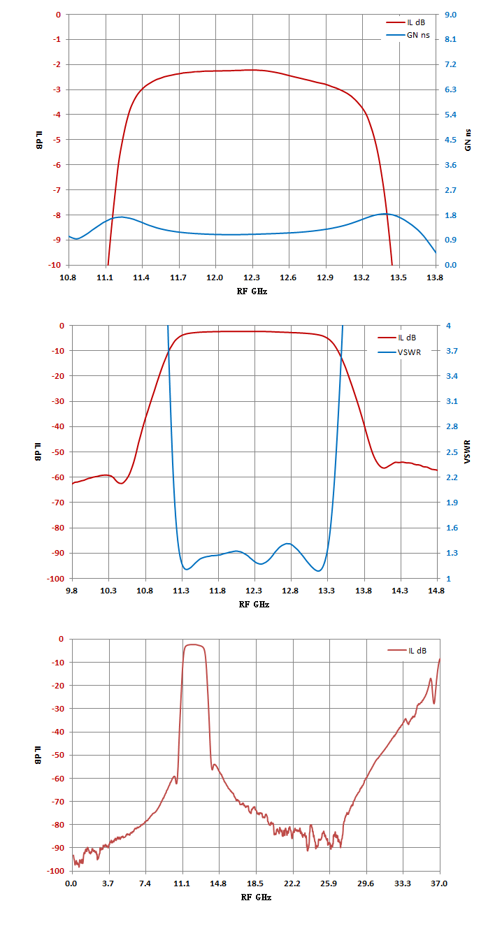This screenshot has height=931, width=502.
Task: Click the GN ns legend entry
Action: point(408,36)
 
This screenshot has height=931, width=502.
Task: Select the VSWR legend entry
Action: point(399,352)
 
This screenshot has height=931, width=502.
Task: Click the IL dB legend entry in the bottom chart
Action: point(407,651)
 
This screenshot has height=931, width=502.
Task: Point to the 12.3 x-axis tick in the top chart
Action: point(252,277)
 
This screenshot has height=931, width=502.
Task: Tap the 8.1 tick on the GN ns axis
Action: point(450,39)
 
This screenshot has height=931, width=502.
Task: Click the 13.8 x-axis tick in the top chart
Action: point(435,277)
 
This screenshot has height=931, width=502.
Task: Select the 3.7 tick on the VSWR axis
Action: point(452,351)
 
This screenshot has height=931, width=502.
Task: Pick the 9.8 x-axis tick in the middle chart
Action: point(71,591)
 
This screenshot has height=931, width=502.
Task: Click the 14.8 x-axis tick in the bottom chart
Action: point(218,883)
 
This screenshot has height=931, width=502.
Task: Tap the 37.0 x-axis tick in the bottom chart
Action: point(439,883)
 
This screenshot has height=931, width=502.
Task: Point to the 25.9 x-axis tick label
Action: point(329,883)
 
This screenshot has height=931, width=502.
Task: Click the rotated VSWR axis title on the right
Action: point(468,452)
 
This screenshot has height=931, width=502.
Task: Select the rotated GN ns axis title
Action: point(468,140)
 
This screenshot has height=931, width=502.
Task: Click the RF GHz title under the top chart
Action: point(252,291)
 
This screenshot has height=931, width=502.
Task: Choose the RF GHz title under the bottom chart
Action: point(256,897)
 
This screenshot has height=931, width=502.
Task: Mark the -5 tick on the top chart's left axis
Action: point(56,140)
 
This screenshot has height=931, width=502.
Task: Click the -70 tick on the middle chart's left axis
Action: point(58,503)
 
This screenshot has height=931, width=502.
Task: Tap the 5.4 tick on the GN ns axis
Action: point(450,115)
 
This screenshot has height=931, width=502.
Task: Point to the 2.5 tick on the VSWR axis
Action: point(452,452)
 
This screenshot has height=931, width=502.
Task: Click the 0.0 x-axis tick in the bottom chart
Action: point(71,883)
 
